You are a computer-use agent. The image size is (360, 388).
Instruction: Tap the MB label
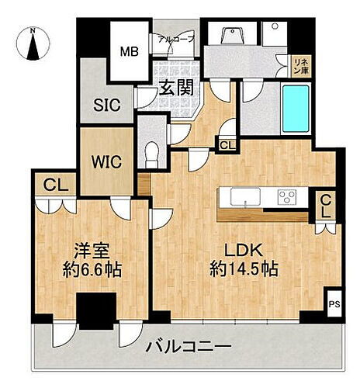click(128, 53)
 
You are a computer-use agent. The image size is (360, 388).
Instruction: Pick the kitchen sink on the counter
click(245, 199)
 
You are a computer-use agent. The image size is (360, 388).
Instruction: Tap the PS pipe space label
click(335, 304)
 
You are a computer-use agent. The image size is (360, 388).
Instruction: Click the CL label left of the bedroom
click(54, 185)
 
